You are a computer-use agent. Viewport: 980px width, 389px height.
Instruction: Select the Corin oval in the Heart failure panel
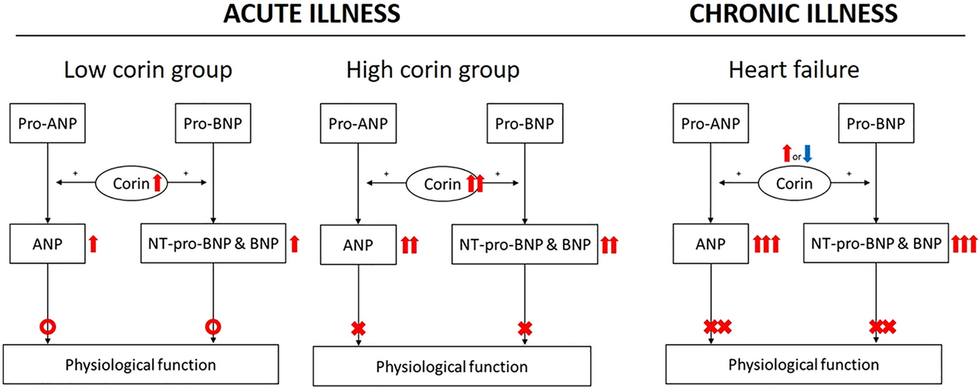coord(794,183)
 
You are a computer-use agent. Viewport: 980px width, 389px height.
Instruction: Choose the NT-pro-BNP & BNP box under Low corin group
coord(213,243)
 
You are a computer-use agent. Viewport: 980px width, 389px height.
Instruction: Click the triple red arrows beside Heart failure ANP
coord(765,244)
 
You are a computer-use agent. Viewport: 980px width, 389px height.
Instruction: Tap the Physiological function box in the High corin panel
coord(452,366)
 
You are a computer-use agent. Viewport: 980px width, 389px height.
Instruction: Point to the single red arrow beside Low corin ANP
coord(94,244)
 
